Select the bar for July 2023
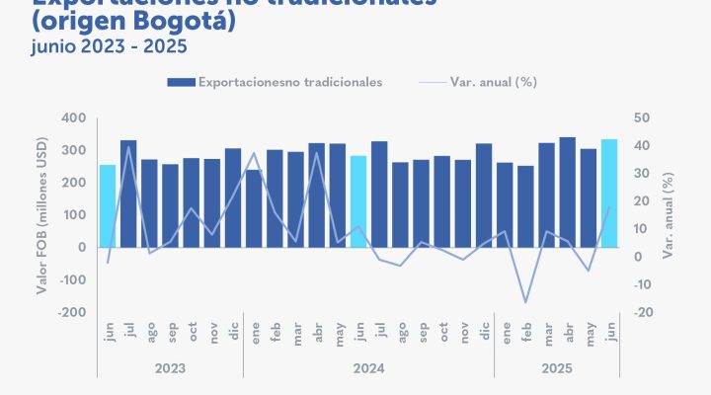click(x=128, y=194)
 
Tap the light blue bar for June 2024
click(x=357, y=201)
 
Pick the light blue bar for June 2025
click(x=609, y=194)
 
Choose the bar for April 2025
click(x=568, y=193)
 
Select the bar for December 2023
click(x=233, y=197)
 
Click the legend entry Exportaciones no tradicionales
click(x=276, y=82)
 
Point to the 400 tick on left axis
click(x=75, y=118)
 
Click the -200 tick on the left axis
click(x=72, y=312)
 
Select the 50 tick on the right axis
click(x=641, y=118)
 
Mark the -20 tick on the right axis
click(x=643, y=312)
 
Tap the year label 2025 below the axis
click(x=556, y=368)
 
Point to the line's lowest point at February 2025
click(x=525, y=302)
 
